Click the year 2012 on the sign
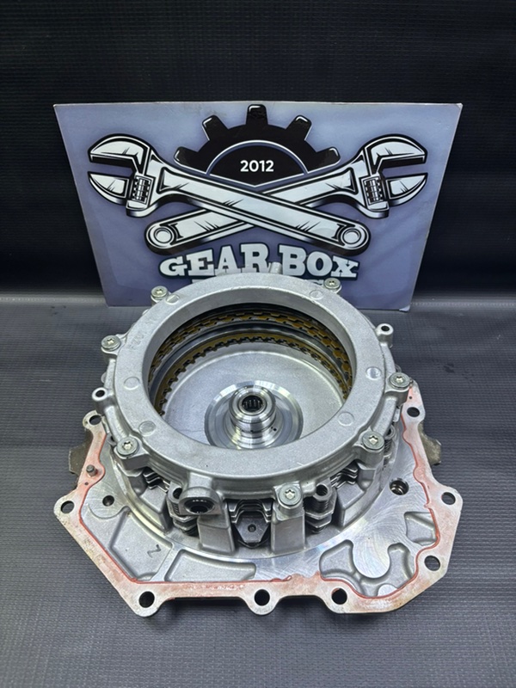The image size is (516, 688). (x=256, y=166)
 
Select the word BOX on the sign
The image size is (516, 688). (x=316, y=267)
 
